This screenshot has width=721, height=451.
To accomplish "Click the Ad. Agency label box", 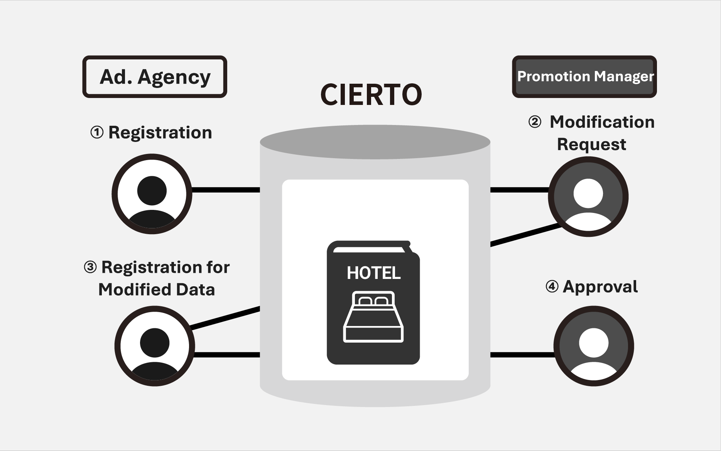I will click(x=154, y=76).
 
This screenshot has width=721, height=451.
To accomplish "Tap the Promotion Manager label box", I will click(x=584, y=76).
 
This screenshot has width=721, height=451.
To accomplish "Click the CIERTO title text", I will click(x=371, y=95).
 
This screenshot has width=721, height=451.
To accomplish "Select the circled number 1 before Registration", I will click(x=97, y=133).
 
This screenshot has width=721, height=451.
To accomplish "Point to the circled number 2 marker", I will click(x=534, y=122).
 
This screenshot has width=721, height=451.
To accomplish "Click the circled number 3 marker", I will click(x=90, y=267).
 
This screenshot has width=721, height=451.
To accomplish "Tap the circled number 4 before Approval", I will click(x=552, y=287).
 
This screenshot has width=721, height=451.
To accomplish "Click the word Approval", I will click(x=600, y=287).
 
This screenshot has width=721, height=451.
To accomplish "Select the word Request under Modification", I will click(x=591, y=144).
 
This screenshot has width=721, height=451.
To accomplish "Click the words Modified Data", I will click(x=156, y=289).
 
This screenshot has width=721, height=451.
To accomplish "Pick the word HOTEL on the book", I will click(x=373, y=273).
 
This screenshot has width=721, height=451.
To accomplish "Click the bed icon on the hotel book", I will click(x=373, y=317).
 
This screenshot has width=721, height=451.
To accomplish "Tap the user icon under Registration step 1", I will click(x=152, y=194).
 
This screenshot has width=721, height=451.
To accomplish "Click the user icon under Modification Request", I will click(x=588, y=196).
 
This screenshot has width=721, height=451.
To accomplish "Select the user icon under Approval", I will click(x=593, y=346).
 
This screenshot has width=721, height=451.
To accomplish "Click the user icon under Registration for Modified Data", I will click(x=154, y=346).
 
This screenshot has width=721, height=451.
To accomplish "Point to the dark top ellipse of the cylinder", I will click(x=375, y=142).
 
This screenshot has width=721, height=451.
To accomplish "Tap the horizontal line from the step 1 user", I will click(x=226, y=190).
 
